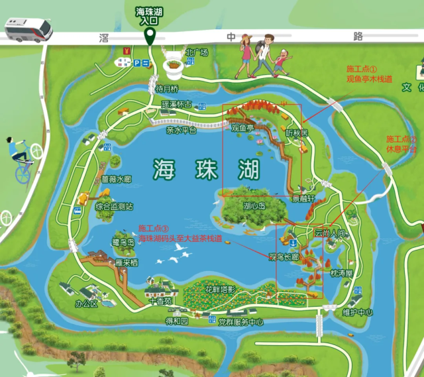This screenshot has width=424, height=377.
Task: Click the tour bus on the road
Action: [x=28, y=29]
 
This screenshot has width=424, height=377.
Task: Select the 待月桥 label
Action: [x=167, y=89]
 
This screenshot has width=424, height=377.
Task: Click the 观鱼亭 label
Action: [x=242, y=127]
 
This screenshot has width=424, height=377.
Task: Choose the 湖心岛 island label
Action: [x=254, y=206]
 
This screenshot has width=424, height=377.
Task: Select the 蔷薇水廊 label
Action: [x=117, y=179]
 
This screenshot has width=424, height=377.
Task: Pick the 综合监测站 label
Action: [x=114, y=207]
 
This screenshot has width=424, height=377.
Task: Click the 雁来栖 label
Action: [x=126, y=262]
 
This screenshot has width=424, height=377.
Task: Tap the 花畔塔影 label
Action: [x=220, y=290]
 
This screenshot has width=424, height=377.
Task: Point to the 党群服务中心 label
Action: [x=240, y=322]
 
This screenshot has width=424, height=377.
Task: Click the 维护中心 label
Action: [x=358, y=312]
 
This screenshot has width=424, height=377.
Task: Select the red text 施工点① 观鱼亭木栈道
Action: [x=369, y=74]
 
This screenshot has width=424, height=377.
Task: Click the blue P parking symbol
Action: [x=137, y=63]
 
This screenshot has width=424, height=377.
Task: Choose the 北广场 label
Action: [x=197, y=52]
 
